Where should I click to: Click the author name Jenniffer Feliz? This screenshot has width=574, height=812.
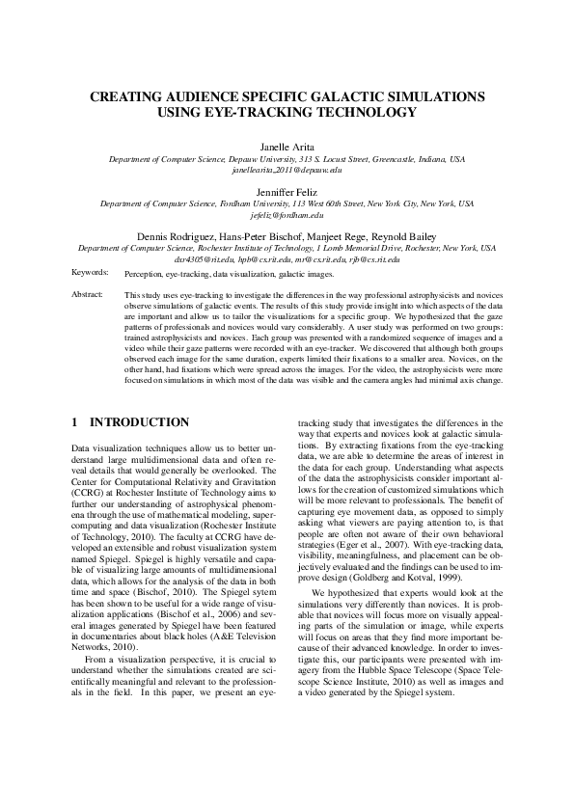pyautogui.click(x=287, y=193)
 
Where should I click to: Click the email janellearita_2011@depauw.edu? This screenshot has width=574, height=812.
pyautogui.click(x=287, y=170)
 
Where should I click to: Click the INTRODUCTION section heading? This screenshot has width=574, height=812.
pyautogui.click(x=139, y=422)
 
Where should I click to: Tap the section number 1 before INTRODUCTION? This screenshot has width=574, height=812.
pyautogui.click(x=76, y=422)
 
